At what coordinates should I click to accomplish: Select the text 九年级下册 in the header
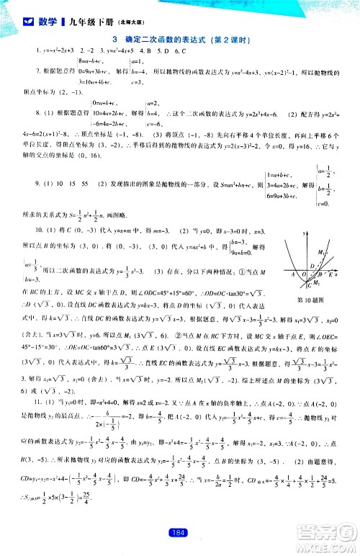[87, 22]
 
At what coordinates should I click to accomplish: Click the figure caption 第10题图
[310, 300]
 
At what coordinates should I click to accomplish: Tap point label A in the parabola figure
[292, 275]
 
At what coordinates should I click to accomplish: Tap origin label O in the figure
[302, 275]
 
